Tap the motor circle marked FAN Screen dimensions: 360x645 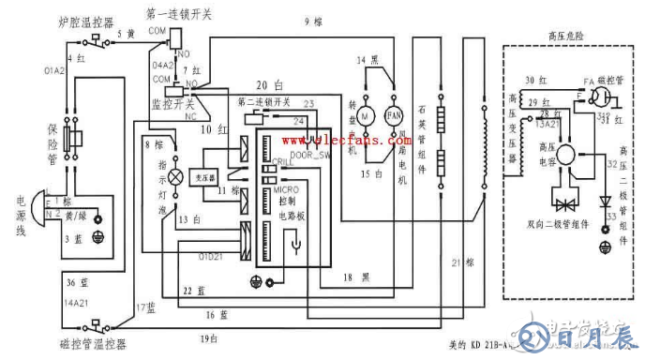coord(393,115)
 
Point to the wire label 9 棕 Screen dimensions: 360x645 coord(313,22)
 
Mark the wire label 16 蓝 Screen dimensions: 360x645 coord(217,314)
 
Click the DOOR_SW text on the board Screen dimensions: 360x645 coord(309,155)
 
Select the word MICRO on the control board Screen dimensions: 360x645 coord(285,190)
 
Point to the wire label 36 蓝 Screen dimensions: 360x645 coord(51,282)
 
